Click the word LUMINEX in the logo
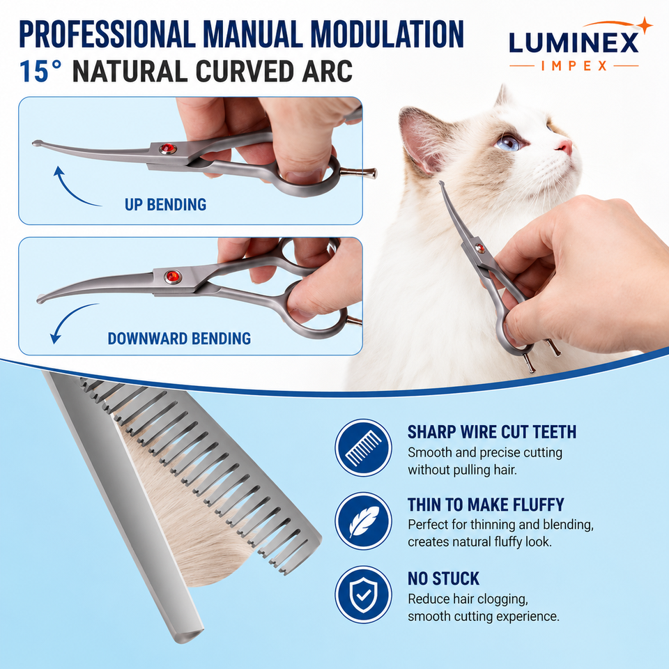(x=574, y=43)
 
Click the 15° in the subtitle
(x=41, y=71)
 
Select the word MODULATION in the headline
(x=387, y=33)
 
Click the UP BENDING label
(x=166, y=205)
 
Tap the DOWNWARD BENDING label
(x=179, y=339)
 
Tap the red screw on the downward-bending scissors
(x=173, y=277)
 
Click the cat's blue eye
(x=510, y=142)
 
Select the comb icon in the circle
(x=363, y=447)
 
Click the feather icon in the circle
(x=363, y=521)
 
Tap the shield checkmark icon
(x=363, y=594)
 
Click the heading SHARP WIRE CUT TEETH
(x=492, y=432)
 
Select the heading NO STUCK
(x=444, y=578)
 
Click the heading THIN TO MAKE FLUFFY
(x=486, y=505)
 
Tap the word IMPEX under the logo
(x=574, y=66)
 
